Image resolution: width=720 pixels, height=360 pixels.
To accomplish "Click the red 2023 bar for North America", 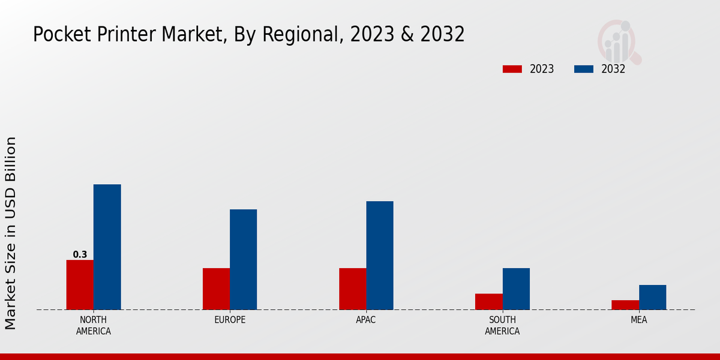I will pyautogui.click(x=80, y=285).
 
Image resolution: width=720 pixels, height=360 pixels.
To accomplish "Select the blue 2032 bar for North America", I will pyautogui.click(x=107, y=247).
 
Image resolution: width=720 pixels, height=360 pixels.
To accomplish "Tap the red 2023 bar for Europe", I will pyautogui.click(x=216, y=289).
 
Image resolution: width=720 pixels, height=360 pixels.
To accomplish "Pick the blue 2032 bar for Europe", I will pyautogui.click(x=243, y=260).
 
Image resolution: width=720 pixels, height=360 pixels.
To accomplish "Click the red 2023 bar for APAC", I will pyautogui.click(x=352, y=289).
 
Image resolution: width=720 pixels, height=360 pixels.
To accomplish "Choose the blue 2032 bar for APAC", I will pyautogui.click(x=380, y=256).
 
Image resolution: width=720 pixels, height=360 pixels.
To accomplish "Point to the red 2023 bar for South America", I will pyautogui.click(x=488, y=302).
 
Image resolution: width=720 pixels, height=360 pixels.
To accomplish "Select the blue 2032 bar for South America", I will pyautogui.click(x=516, y=289).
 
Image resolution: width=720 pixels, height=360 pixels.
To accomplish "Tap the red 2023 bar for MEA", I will pyautogui.click(x=625, y=305).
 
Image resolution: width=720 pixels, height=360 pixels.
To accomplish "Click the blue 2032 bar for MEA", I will pyautogui.click(x=652, y=297).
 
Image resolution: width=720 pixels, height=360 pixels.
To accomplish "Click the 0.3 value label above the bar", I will pyautogui.click(x=80, y=254).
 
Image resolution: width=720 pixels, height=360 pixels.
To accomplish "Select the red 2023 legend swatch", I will pyautogui.click(x=512, y=69).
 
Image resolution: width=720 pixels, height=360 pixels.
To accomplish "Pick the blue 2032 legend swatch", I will pyautogui.click(x=584, y=69).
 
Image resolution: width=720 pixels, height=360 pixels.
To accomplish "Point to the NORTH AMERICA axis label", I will pyautogui.click(x=94, y=325).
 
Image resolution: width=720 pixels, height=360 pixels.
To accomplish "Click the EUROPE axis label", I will pyautogui.click(x=230, y=320).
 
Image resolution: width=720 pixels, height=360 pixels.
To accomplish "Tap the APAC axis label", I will pyautogui.click(x=366, y=320).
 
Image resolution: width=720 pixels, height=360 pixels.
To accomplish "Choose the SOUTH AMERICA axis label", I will pyautogui.click(x=502, y=325).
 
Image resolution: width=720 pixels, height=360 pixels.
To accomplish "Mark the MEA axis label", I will pyautogui.click(x=638, y=320).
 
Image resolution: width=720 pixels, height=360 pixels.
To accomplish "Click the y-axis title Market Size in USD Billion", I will pyautogui.click(x=11, y=233).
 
